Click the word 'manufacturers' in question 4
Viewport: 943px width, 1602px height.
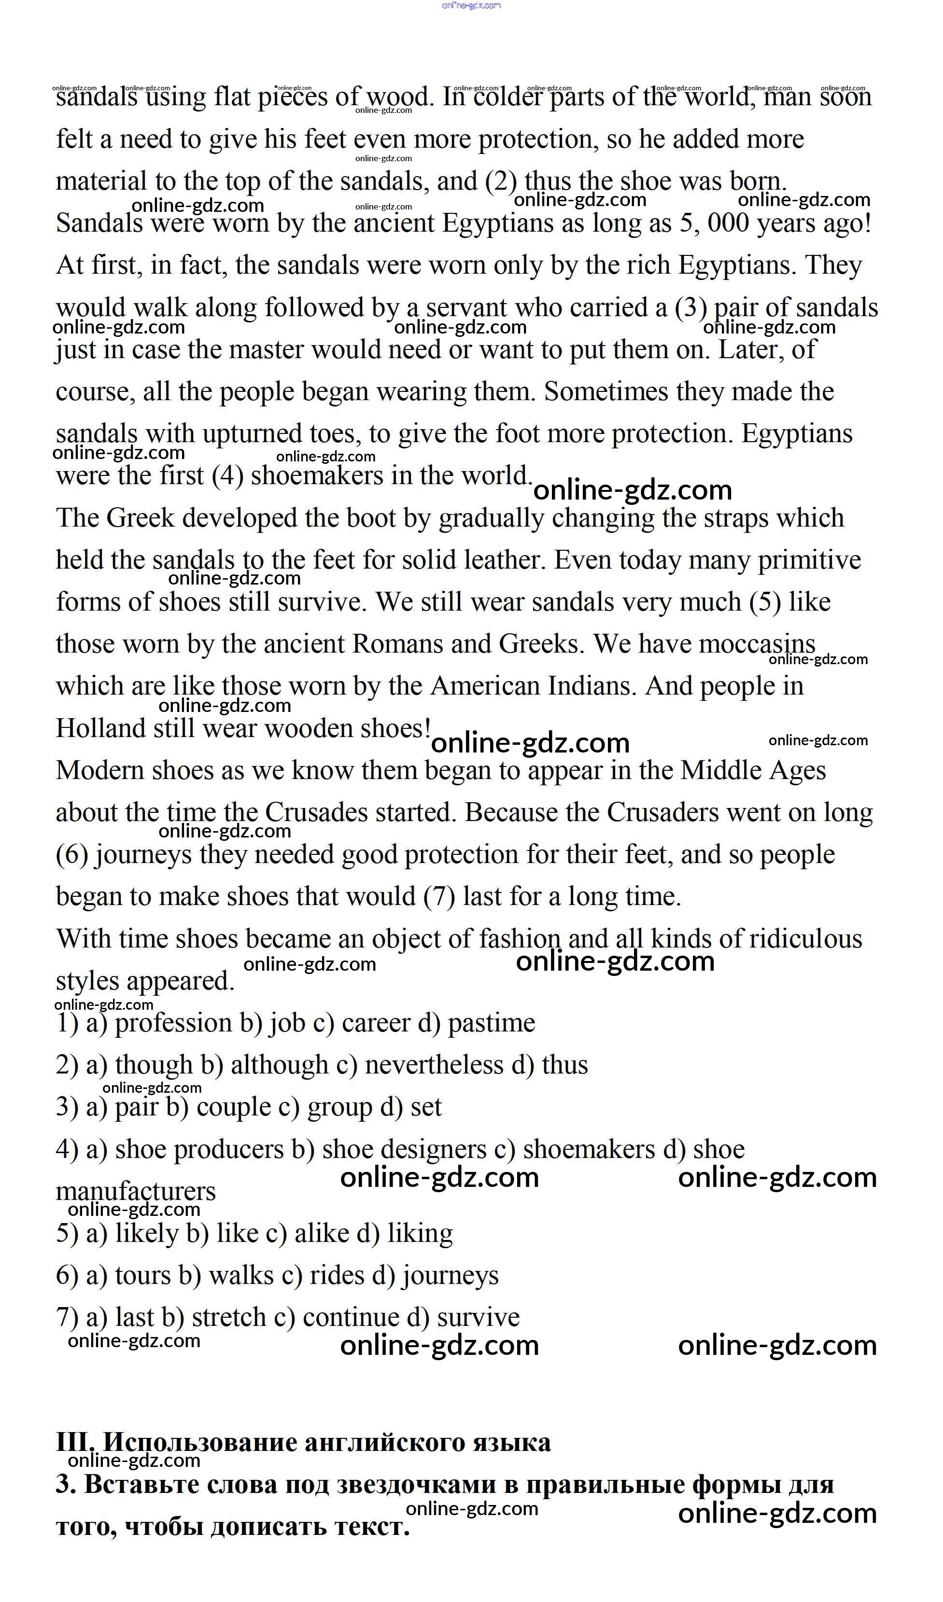[136, 1191]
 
